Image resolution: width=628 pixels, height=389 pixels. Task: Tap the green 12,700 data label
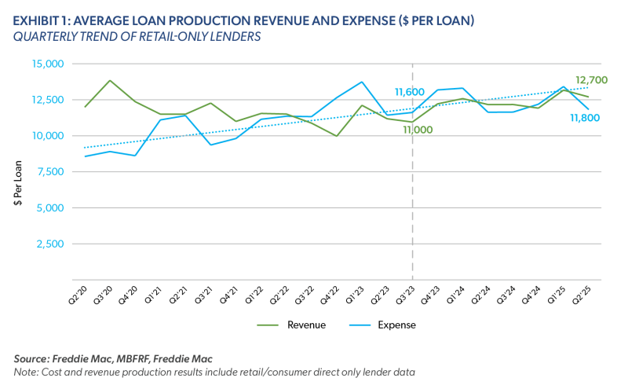pyautogui.click(x=593, y=79)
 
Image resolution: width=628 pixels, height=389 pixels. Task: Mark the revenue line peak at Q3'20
pyautogui.click(x=110, y=80)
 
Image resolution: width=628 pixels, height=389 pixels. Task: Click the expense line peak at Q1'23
pyautogui.click(x=362, y=82)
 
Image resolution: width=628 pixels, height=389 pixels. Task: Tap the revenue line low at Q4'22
pyautogui.click(x=337, y=136)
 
